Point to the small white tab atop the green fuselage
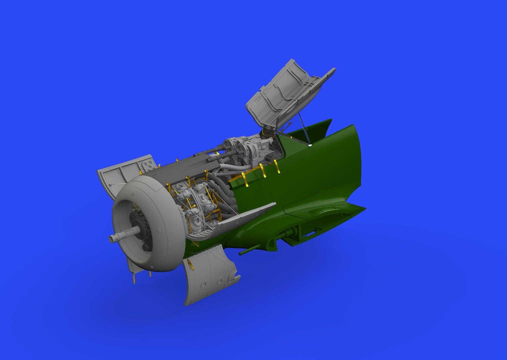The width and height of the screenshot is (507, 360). coord(310,145)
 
